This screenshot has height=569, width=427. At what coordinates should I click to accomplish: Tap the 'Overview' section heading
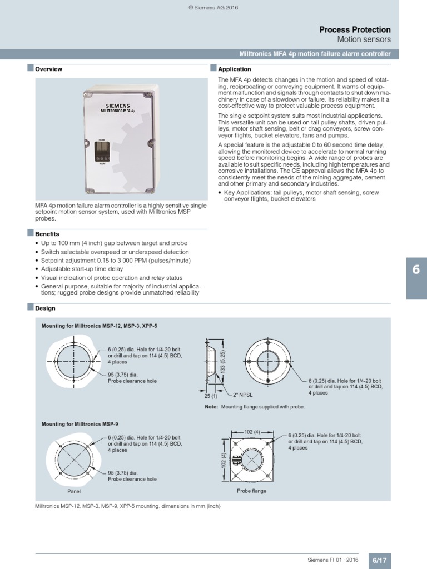tap(48, 69)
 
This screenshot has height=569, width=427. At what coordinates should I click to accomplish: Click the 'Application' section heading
tap(235, 69)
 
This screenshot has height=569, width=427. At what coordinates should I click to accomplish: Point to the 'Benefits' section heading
tap(47, 234)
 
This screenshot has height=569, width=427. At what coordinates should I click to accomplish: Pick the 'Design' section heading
tap(45, 308)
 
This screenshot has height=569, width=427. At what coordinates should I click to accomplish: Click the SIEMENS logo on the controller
tap(118, 106)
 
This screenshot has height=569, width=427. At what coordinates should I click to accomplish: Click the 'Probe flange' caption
tap(251, 491)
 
